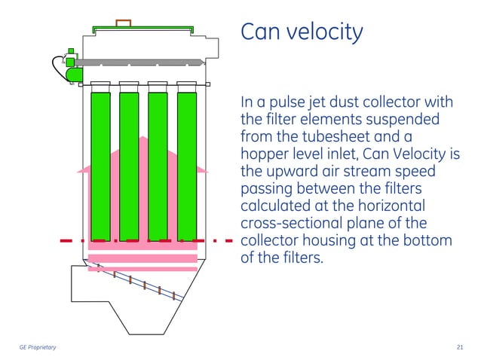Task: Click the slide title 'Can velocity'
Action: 301,32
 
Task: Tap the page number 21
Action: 460,346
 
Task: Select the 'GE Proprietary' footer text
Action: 37,346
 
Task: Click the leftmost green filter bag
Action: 100,166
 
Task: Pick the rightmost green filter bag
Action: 186,166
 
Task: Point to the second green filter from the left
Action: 129,166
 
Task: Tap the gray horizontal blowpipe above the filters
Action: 143,63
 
